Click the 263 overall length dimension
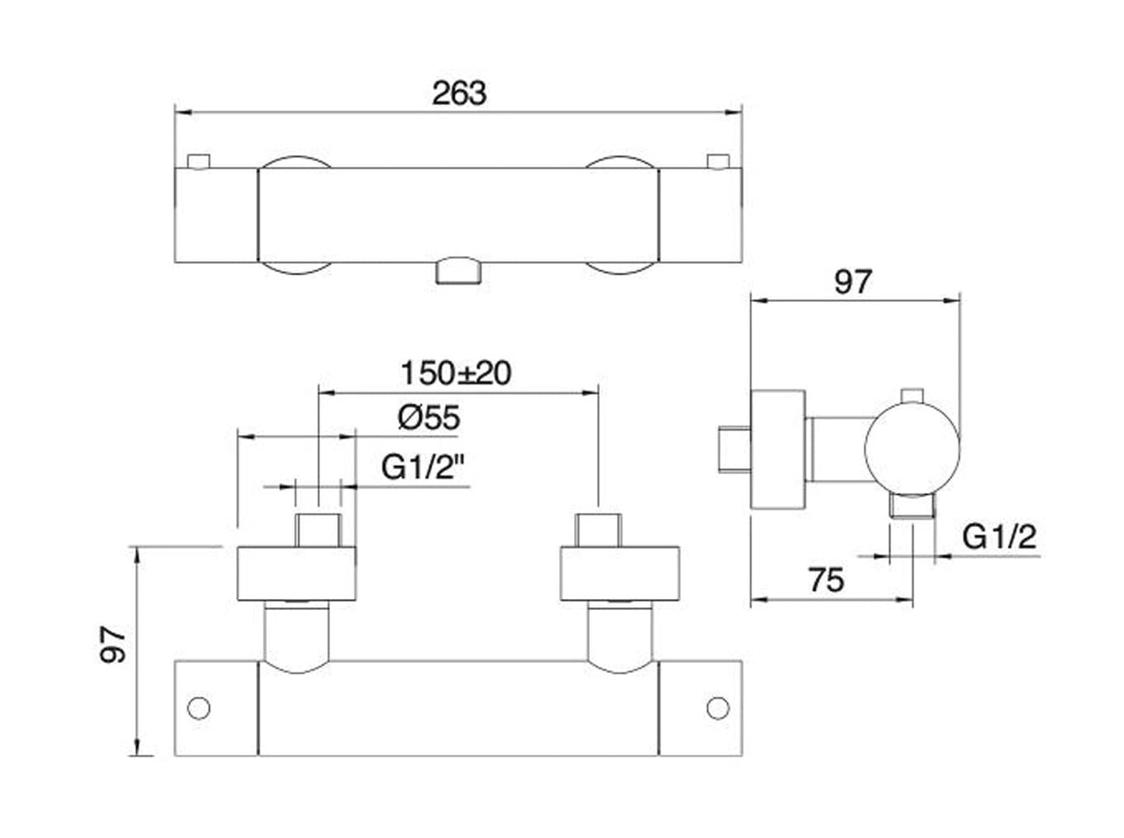pos(459,93)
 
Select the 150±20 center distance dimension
pos(456,373)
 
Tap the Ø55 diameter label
pos(429,418)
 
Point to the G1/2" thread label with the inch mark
pos(423,468)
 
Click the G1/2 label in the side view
pos(999,537)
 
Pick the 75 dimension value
pos(826,580)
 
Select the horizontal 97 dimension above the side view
pos(853,282)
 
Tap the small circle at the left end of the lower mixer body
pos(199,708)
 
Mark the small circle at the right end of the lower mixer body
pos(717,708)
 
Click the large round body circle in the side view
pos(912,448)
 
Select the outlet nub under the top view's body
pos(459,273)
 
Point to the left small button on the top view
pos(199,161)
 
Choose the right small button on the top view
pos(717,161)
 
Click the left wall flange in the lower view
pos(296,574)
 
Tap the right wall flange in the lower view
pos(620,574)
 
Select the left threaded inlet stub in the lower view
pos(318,531)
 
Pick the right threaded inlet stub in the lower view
pos(597,531)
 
